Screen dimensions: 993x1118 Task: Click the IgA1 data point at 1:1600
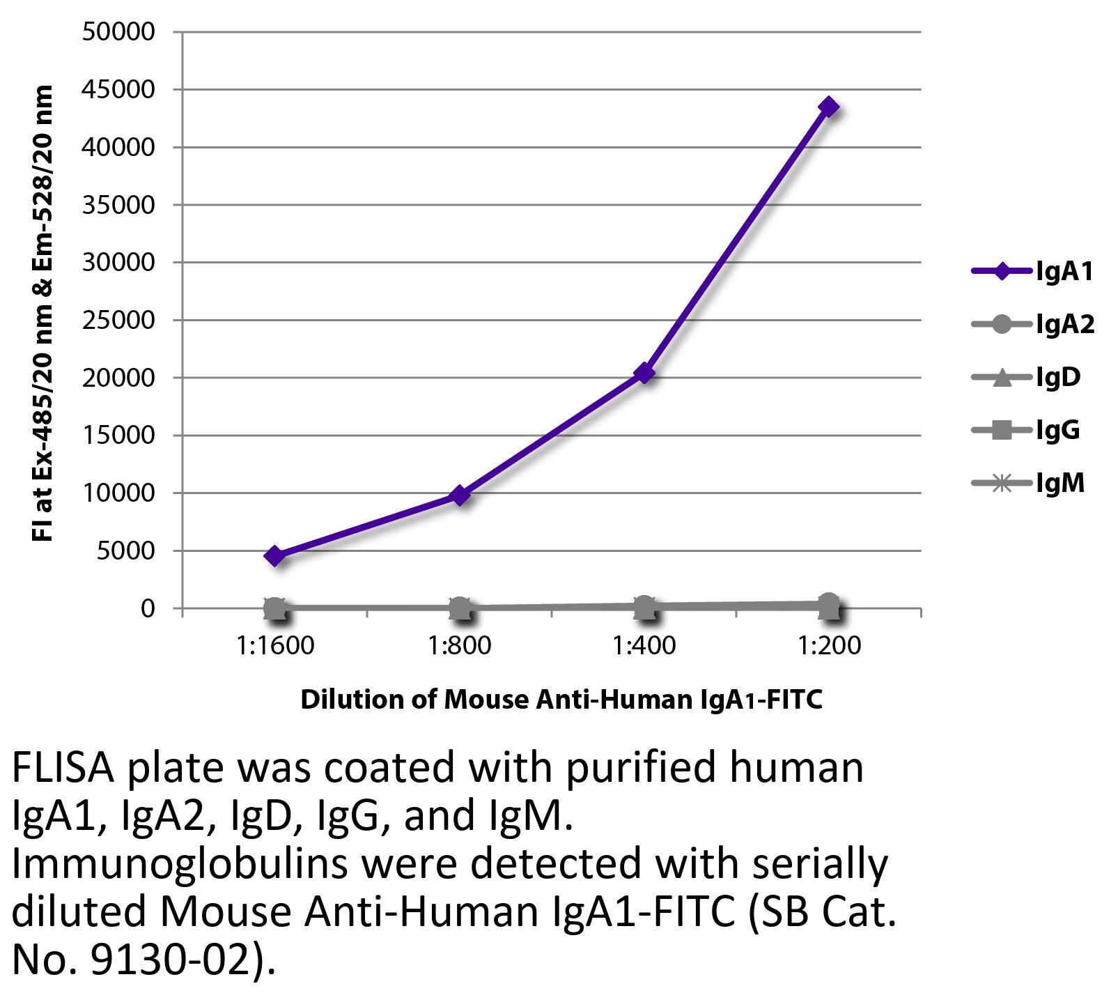[274, 555]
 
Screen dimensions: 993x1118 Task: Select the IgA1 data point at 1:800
[460, 495]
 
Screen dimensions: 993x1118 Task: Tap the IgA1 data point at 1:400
[645, 374]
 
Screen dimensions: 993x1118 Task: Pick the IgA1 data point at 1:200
[829, 107]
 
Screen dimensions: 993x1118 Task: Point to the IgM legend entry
[1028, 482]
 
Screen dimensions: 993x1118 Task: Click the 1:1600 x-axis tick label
[275, 646]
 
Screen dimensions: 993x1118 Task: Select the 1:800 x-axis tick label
[460, 646]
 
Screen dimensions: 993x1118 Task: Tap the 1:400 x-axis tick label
[645, 646]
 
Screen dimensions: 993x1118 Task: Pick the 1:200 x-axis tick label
[830, 646]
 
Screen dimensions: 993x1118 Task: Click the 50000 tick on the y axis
[118, 32]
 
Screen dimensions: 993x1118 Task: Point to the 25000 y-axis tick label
[118, 321]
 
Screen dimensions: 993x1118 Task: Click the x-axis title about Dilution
[561, 699]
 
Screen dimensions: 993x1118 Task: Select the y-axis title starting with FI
[43, 314]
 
